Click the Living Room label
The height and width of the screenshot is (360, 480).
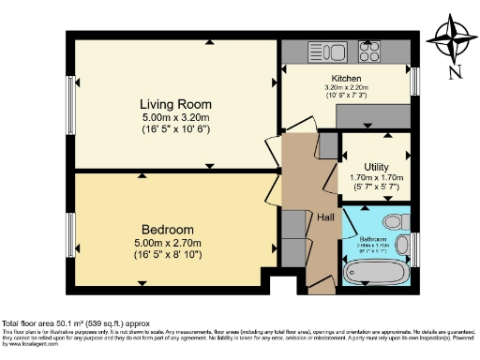click(x=174, y=103)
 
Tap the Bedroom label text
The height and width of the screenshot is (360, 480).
click(x=168, y=230)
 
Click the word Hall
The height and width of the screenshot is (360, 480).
click(x=325, y=217)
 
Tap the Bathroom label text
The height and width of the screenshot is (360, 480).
click(x=379, y=240)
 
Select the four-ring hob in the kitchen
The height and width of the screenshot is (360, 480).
click(x=367, y=52)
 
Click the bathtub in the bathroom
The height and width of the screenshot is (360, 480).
click(x=379, y=273)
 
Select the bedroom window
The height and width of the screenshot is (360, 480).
click(x=70, y=230)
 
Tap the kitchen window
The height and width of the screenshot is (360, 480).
click(x=413, y=81)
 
